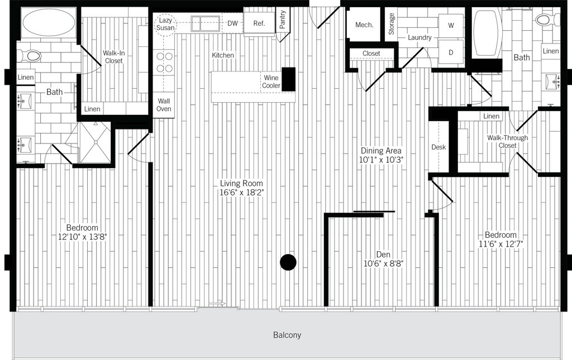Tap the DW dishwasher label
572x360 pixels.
tap(232, 23)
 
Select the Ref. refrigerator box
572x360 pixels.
tap(259, 23)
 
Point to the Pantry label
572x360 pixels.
tap(283, 20)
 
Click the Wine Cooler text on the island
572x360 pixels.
tap(271, 82)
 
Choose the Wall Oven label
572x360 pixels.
tap(164, 105)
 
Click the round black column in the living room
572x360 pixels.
tap(288, 262)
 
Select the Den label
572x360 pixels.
tap(383, 255)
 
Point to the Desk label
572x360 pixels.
tap(438, 147)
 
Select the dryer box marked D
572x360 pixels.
tap(450, 52)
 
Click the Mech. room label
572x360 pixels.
tap(364, 25)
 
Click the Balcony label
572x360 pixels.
tap(287, 335)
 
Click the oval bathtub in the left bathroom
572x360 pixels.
tap(48, 24)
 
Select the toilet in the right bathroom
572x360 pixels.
tap(544, 21)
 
